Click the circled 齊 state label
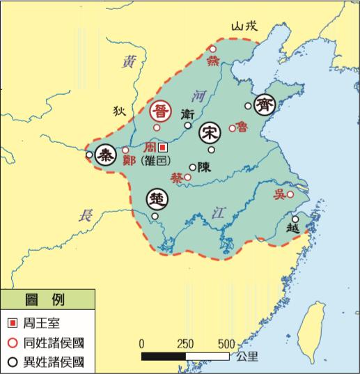pos(265,104)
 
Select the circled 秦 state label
pos(107,155)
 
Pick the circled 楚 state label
pos(157,199)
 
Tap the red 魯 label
pos(244,126)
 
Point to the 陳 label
pos(205,167)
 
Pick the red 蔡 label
pos(177,178)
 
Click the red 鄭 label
pos(128,160)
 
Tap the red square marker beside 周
pos(163,148)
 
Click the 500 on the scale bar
pos(228,344)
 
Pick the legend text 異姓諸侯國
pos(54,361)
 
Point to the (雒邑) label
pos(157,160)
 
